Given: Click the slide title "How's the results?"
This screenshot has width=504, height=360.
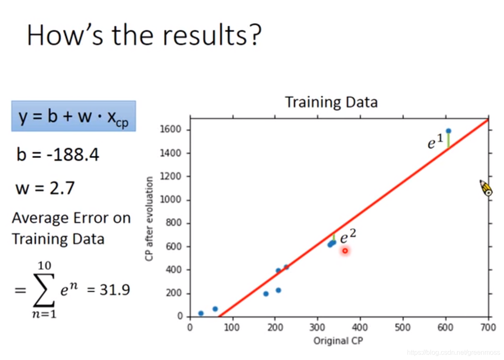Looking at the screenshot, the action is pos(144,35).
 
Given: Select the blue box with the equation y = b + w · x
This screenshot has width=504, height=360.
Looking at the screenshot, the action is pos(74,116).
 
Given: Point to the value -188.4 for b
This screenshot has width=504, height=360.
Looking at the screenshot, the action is pos(72,155).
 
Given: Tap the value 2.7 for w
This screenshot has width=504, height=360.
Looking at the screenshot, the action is pos(62,188).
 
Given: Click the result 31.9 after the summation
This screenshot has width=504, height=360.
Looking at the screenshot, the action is pos(115,290).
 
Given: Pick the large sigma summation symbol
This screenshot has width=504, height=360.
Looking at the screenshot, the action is pos(44,290).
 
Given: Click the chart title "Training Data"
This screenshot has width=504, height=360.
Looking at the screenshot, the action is pos(331,102).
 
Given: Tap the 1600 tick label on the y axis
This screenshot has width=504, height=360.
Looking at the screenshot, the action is pos(170,130).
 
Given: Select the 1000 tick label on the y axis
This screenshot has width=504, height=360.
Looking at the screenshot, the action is pos(170,200).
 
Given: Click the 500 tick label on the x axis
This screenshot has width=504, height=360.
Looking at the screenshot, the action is pos(403,327).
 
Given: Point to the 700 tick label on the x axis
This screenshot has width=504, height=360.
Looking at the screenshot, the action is pos(488,327).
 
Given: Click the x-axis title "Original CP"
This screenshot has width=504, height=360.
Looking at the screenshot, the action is pos(338,341).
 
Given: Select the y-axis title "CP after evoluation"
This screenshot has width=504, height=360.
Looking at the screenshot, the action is pos(149,219).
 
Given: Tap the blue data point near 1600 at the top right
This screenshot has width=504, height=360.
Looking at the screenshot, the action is pos(449,131).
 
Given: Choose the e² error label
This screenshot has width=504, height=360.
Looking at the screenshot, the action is pos(348,236).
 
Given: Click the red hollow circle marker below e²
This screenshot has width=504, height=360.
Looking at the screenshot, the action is pos(345,251).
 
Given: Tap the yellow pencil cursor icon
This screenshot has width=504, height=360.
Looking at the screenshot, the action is pos(486,188).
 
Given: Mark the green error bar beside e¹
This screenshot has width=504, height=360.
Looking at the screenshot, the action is pos(449,141).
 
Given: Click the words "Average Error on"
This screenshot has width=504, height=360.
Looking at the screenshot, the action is pos(71,218).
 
